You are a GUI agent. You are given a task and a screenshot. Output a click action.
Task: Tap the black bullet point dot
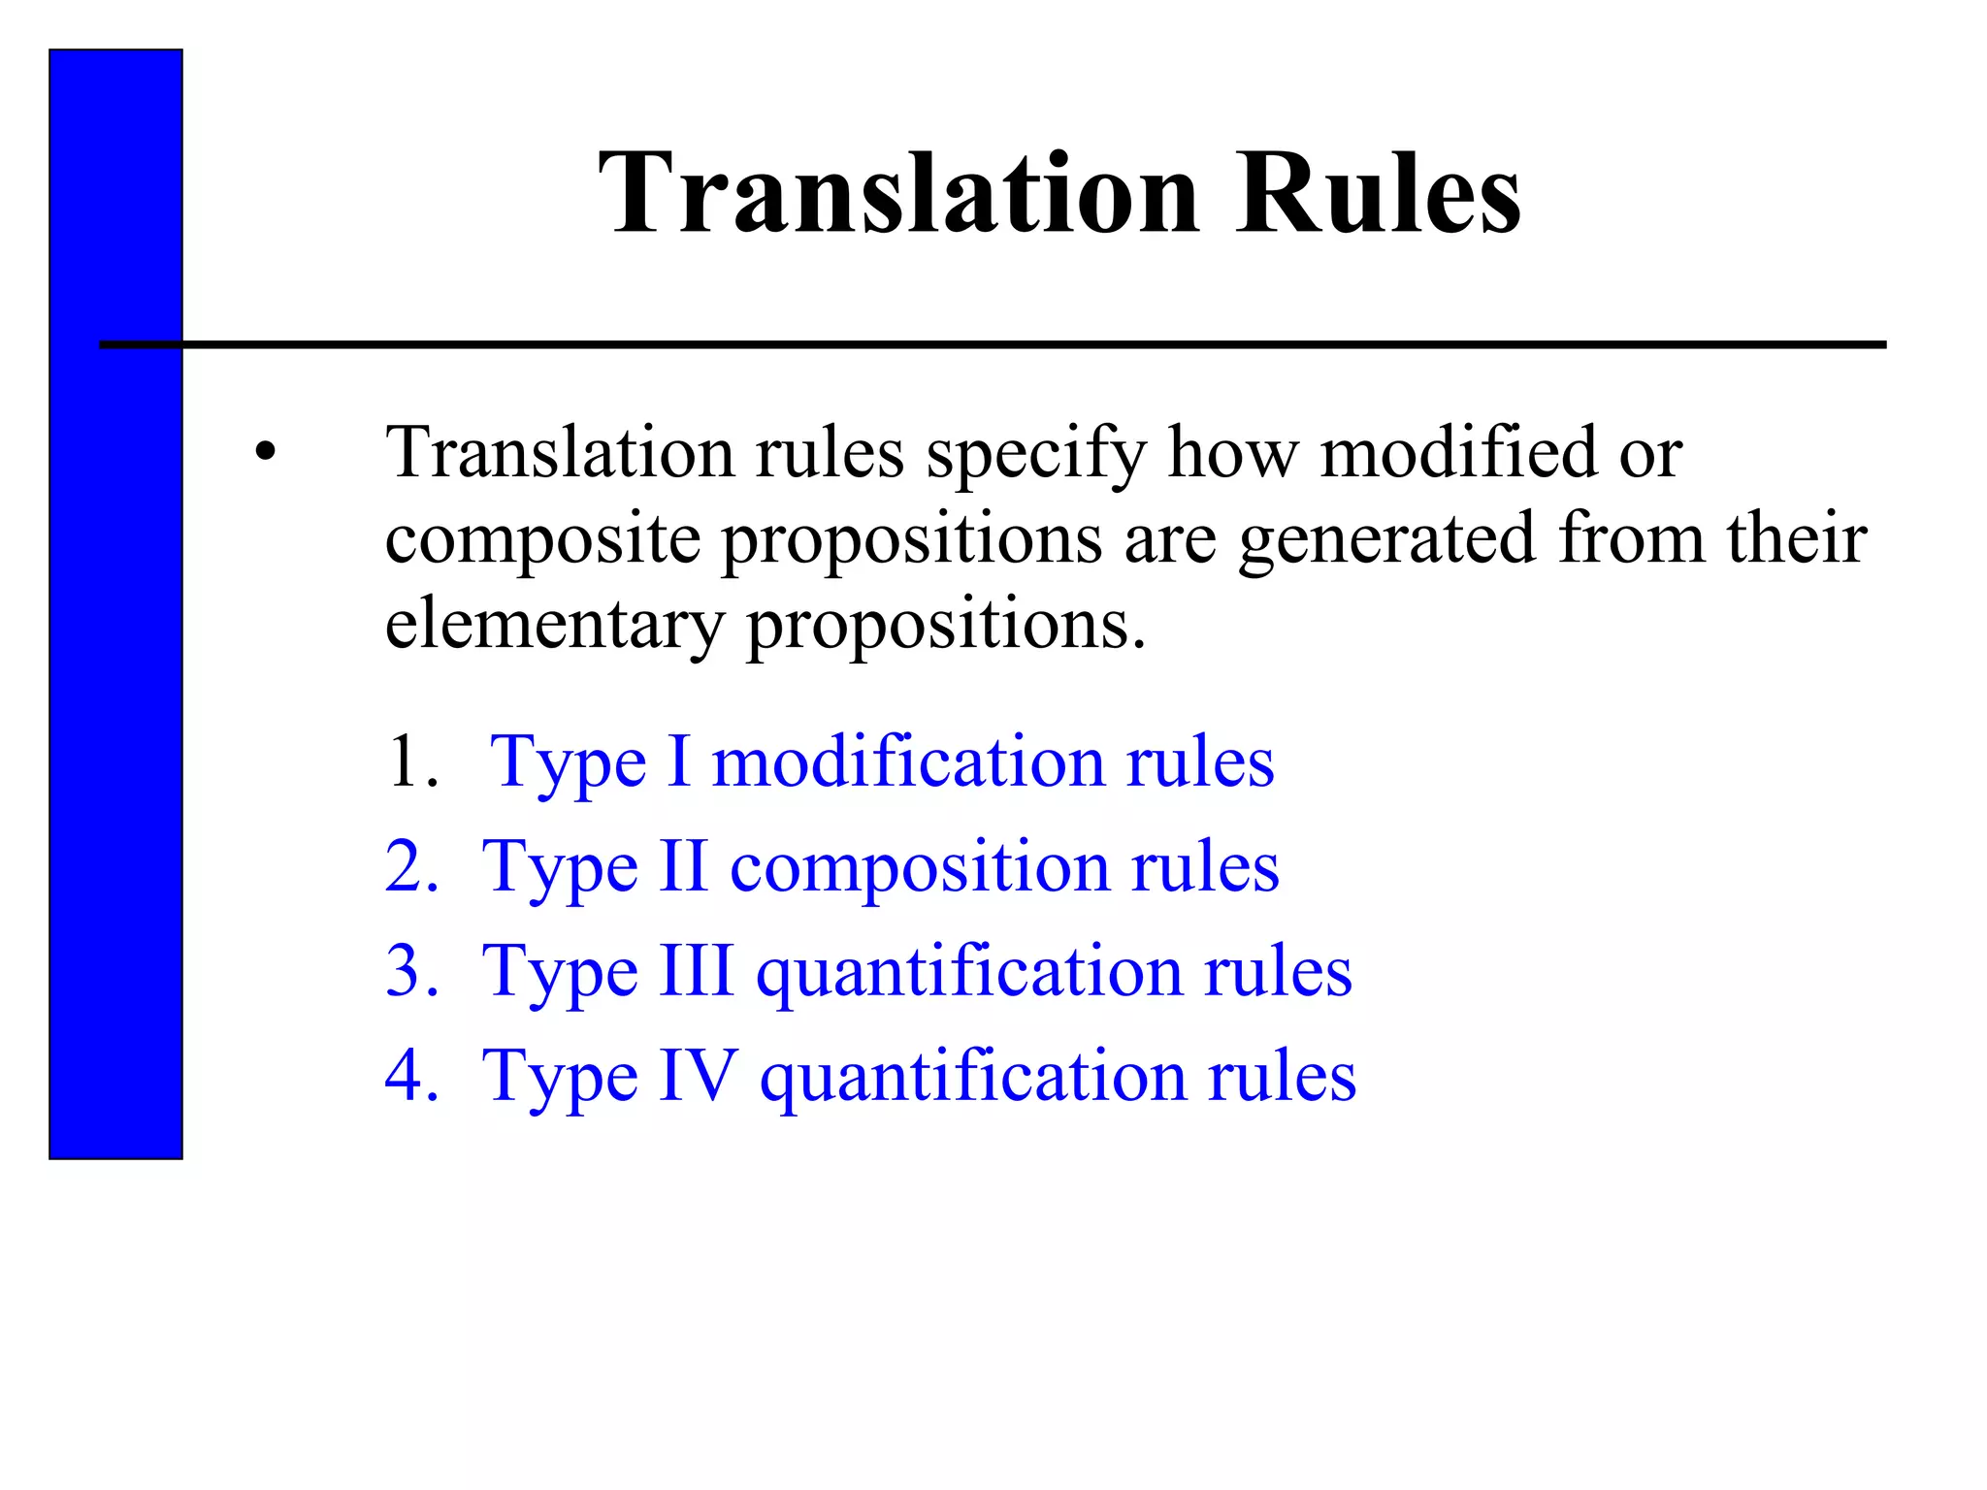(x=266, y=452)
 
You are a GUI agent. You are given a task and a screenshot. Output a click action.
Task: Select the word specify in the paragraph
(x=1035, y=454)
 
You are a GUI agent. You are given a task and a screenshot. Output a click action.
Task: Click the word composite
(x=542, y=539)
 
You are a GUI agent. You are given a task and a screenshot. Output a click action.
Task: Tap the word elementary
(x=554, y=625)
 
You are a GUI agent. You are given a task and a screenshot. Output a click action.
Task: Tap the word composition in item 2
(x=919, y=865)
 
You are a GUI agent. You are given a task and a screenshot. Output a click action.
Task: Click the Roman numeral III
(x=696, y=970)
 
